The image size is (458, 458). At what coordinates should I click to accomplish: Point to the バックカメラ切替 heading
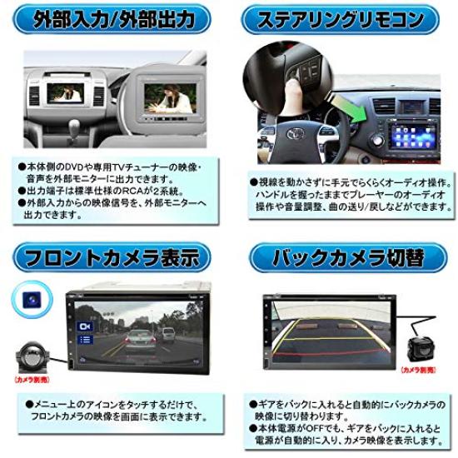tap(345, 256)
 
